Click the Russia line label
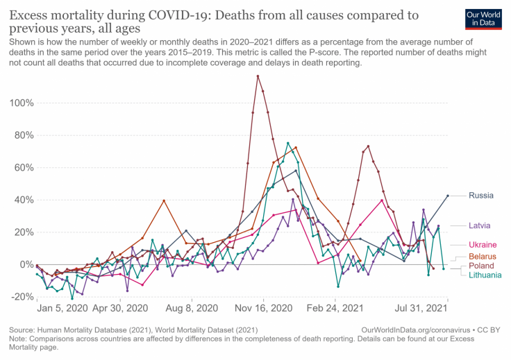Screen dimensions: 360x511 tap(481, 196)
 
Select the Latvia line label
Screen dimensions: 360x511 tap(481, 225)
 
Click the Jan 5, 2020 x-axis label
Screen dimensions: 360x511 tap(62, 307)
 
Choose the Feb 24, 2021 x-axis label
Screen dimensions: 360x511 tap(335, 307)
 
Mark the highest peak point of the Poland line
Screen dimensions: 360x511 tap(258, 76)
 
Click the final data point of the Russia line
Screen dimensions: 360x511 tap(448, 196)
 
